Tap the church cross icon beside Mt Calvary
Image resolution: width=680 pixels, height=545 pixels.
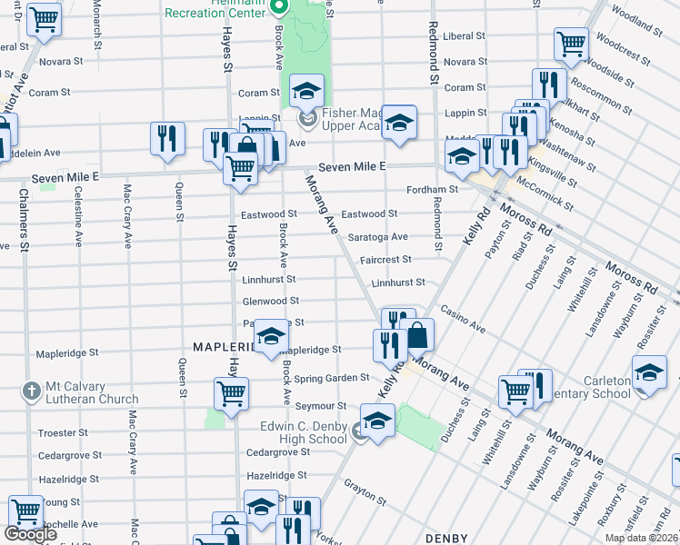coord(31,391)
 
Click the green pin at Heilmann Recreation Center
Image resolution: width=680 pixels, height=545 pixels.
coord(281,9)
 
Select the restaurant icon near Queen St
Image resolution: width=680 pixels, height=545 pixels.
coord(166,138)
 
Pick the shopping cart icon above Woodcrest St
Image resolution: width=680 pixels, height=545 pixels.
coord(571,42)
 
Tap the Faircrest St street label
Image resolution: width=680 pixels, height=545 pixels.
coord(385,259)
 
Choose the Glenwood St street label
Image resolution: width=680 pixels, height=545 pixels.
coord(271,301)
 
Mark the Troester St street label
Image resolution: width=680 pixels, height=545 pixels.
coord(63,432)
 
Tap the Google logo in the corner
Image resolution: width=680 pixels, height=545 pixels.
coord(30,534)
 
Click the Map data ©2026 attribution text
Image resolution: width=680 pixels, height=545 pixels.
coord(641,538)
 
